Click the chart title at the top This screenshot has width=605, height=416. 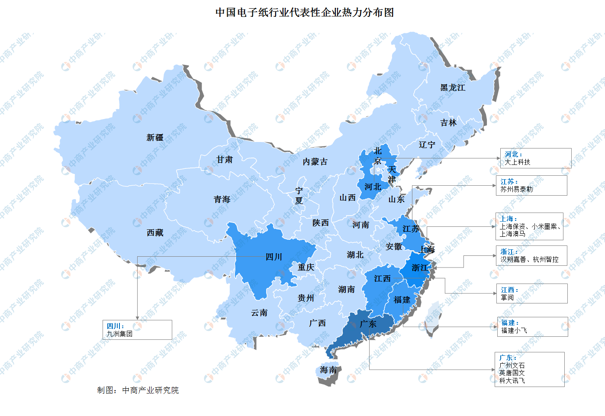[x=305, y=13]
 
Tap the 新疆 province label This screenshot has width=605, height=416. [x=155, y=138]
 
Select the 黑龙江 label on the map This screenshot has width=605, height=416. [x=453, y=88]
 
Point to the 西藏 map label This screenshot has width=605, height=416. [x=155, y=233]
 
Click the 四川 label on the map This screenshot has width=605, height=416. [x=274, y=257]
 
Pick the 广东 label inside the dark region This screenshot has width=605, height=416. [x=368, y=324]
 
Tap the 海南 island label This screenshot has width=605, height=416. [x=328, y=370]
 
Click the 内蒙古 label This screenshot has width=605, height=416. [x=315, y=162]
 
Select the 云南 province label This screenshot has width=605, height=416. [x=259, y=313]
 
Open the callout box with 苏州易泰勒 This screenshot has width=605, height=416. [x=531, y=185]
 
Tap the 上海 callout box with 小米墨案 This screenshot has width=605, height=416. [x=529, y=226]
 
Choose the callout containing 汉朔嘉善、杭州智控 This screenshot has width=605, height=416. [x=531, y=255]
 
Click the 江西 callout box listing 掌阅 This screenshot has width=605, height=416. [x=532, y=293]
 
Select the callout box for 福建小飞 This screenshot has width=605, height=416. [x=532, y=327]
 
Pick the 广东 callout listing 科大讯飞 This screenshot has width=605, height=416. [x=529, y=369]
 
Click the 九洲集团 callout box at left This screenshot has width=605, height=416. [x=137, y=330]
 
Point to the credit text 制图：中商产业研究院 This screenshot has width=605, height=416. [x=138, y=390]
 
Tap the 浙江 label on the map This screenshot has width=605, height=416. [x=420, y=268]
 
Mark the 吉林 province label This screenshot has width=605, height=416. [x=448, y=123]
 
